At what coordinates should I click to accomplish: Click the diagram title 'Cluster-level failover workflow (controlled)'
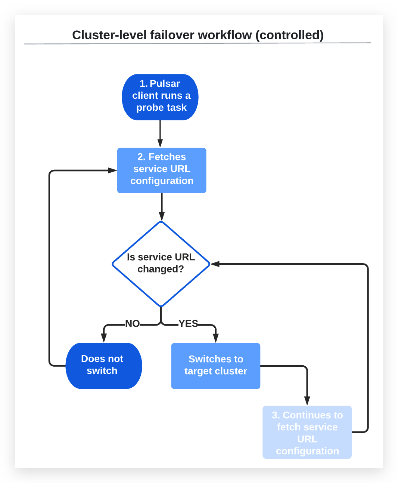click(x=198, y=35)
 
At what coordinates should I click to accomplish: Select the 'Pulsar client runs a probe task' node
click(x=160, y=97)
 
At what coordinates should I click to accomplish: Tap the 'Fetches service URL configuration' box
click(x=162, y=170)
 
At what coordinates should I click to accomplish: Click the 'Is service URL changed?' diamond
click(x=161, y=264)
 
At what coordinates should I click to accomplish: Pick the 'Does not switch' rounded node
click(x=103, y=366)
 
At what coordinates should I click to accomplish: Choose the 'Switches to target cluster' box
click(x=215, y=366)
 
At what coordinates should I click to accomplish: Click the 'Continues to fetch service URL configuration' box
click(x=307, y=432)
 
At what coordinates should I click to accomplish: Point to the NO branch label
click(x=132, y=323)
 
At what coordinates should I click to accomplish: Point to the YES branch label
click(x=188, y=323)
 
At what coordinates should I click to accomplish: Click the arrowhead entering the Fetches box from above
click(x=160, y=143)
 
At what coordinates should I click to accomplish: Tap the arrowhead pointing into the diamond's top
click(x=162, y=216)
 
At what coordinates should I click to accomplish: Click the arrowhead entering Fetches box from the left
click(x=112, y=170)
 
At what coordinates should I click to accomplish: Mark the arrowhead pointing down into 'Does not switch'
click(x=104, y=338)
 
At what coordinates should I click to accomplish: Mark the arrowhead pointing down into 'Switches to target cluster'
click(x=216, y=338)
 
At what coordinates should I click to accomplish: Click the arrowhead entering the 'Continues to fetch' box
click(x=307, y=401)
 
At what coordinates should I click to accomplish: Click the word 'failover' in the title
click(x=172, y=35)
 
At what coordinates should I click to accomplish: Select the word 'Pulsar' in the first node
click(x=165, y=83)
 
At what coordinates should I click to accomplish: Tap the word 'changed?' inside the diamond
click(x=161, y=269)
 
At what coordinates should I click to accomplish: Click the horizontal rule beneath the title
click(x=198, y=43)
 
